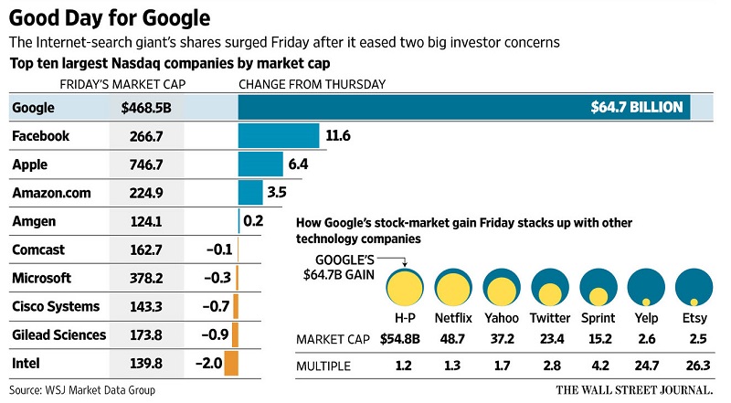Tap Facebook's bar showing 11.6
tap(279, 136)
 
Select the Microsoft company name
tap(43, 278)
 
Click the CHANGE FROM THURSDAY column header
tap(312, 84)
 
